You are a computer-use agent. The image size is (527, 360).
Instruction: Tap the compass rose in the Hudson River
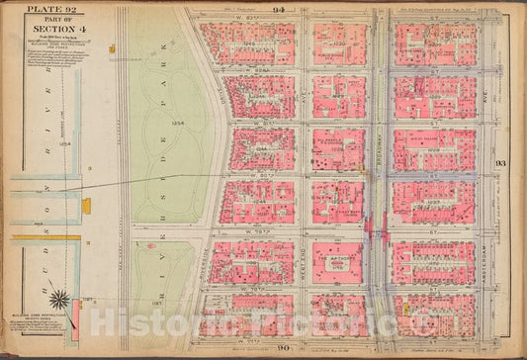point(59,300)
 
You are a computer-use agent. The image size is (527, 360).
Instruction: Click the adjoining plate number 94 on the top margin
point(280,6)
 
